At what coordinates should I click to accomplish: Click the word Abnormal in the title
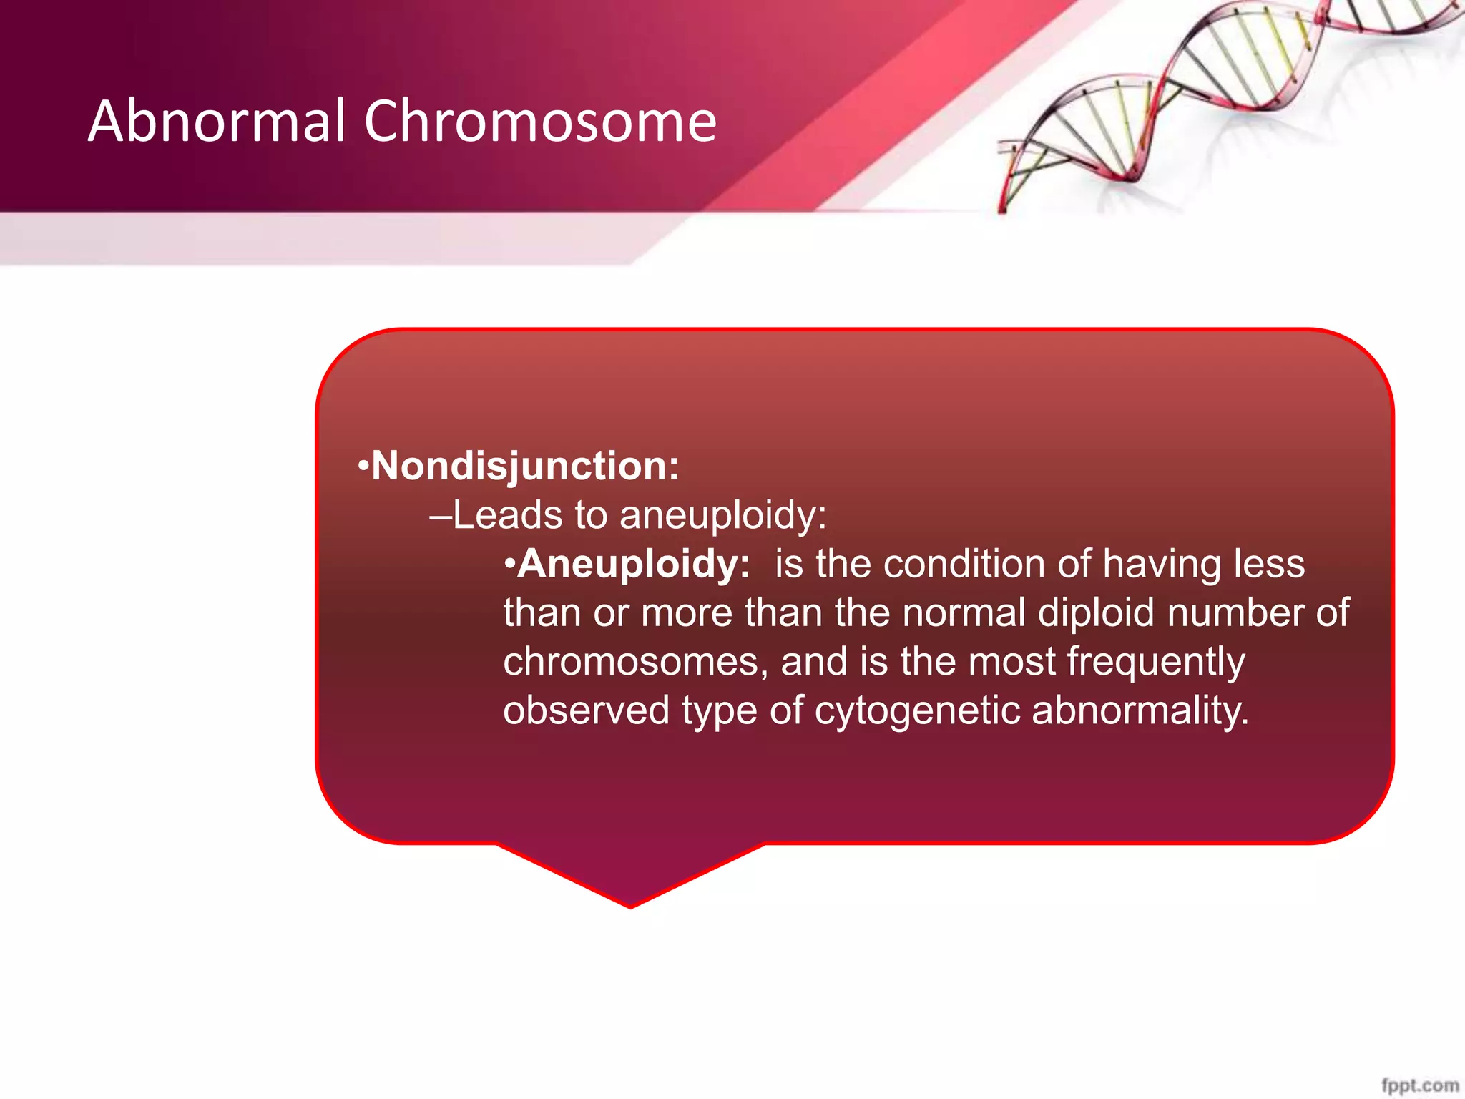point(217,122)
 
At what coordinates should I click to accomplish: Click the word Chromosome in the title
point(540,122)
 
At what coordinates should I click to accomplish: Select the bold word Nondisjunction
point(525,467)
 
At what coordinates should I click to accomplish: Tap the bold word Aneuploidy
point(634,565)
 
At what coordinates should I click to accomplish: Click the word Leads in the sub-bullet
point(507,515)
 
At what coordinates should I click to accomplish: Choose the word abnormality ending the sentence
point(1140,710)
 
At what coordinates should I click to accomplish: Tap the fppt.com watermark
point(1419,1085)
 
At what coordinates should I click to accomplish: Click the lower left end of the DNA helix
point(1003,207)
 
